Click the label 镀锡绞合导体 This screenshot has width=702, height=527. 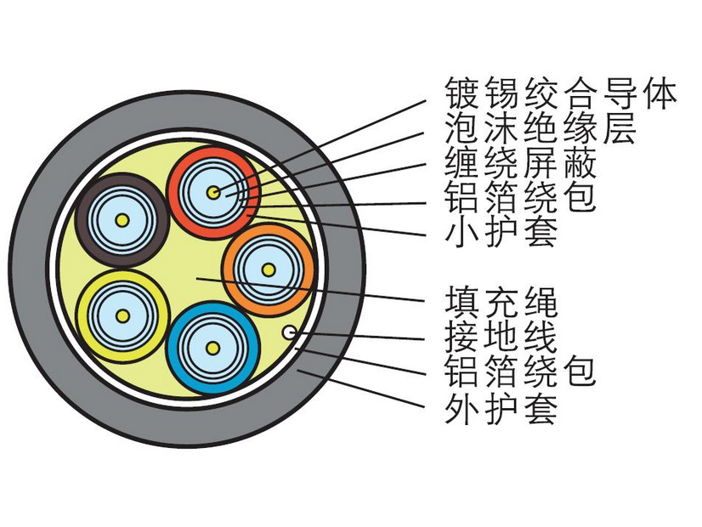(560, 93)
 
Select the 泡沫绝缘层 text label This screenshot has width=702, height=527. (541, 128)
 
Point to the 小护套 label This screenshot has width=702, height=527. (501, 231)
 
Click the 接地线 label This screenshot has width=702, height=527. (501, 337)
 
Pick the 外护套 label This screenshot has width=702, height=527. (501, 410)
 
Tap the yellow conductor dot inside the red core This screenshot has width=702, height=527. (212, 193)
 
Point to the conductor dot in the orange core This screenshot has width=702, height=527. (268, 270)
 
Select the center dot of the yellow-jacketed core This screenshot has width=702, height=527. (122, 315)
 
